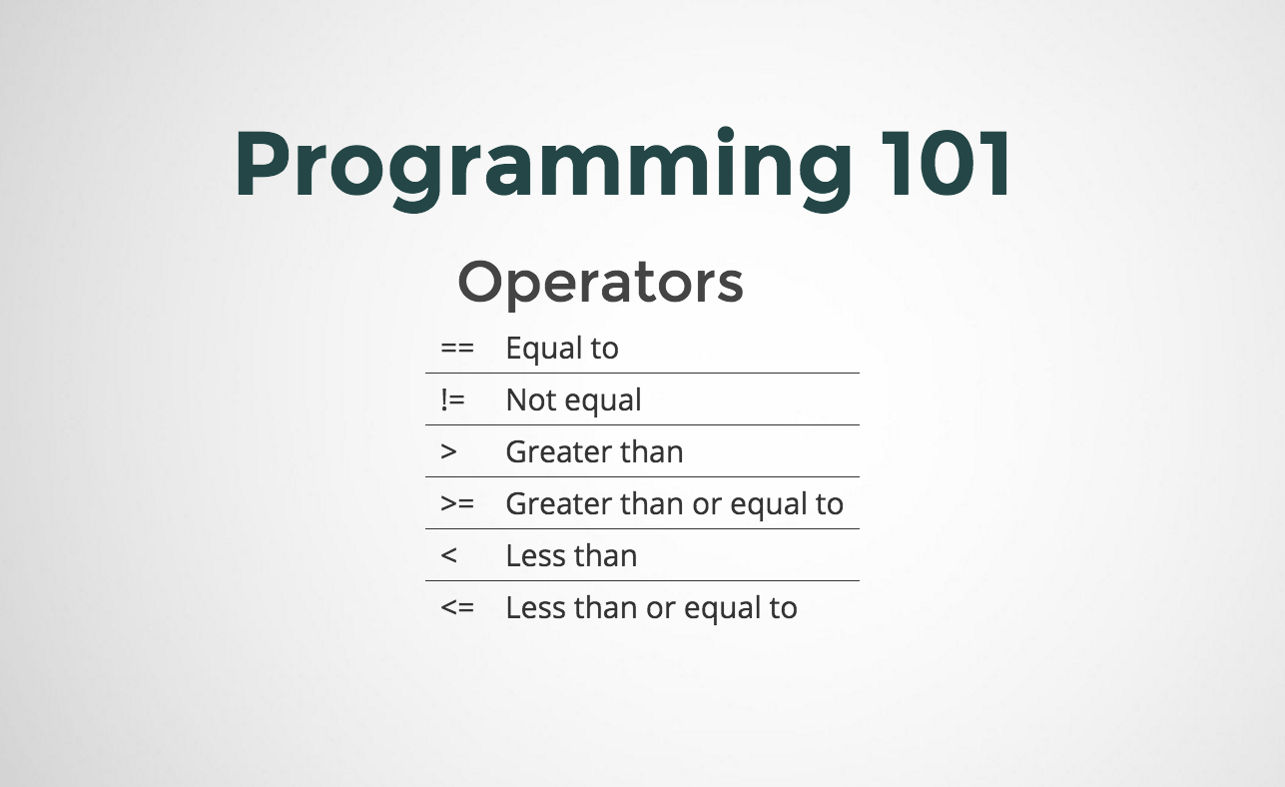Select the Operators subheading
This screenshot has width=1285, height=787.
click(x=600, y=283)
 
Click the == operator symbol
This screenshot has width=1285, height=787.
click(x=457, y=349)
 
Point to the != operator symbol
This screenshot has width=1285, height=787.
click(x=451, y=400)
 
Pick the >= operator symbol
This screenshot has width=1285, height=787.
click(x=457, y=504)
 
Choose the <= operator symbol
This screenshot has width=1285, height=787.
click(x=457, y=608)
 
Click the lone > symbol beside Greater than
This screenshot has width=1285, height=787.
click(x=448, y=452)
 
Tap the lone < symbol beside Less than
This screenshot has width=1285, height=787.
click(x=448, y=556)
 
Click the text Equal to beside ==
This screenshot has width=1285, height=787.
click(x=562, y=349)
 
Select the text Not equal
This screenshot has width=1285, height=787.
click(x=573, y=400)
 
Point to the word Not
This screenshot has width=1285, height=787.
click(x=528, y=400)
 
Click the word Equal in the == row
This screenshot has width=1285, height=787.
click(x=542, y=350)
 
